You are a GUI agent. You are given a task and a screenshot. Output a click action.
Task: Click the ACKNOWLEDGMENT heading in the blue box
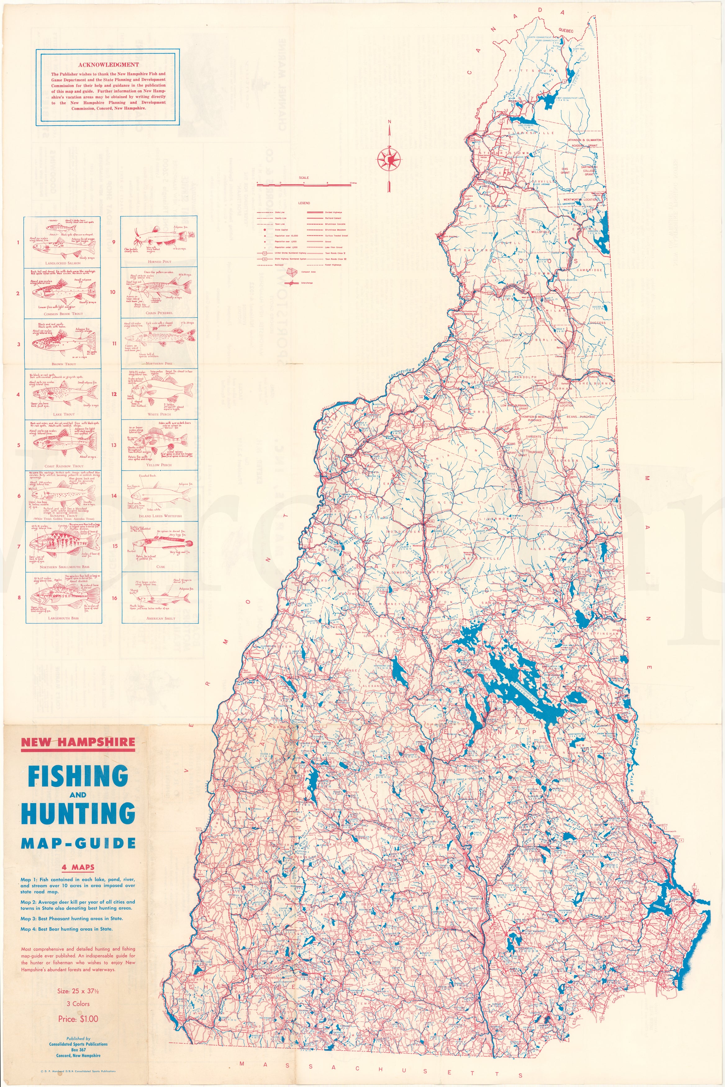[108, 65]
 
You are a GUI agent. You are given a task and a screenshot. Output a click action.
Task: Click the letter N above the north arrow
[390, 122]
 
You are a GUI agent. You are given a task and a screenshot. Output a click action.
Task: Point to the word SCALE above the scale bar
[304, 178]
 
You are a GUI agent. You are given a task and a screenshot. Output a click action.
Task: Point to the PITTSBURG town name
[527, 72]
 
